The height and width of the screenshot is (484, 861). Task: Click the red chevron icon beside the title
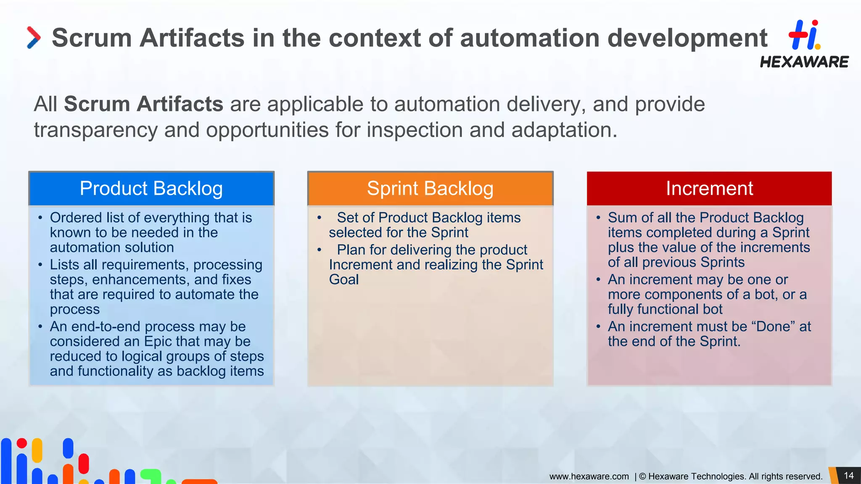pos(34,38)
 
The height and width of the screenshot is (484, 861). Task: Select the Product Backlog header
pos(151,189)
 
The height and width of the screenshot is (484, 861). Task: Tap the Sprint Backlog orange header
pos(430,189)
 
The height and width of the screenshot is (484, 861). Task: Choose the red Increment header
pos(709,189)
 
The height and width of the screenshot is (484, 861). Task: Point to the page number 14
pos(848,476)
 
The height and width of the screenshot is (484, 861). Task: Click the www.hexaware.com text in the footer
pos(589,476)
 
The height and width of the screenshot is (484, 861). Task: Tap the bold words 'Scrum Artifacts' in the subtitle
pos(143,104)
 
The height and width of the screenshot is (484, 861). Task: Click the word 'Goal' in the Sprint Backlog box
pos(344,280)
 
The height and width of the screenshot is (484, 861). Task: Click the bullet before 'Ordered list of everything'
pos(40,218)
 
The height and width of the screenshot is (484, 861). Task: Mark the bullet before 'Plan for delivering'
pos(320,250)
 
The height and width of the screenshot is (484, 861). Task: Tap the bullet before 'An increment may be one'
pos(598,280)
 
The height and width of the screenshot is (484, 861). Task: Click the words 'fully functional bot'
pos(665,309)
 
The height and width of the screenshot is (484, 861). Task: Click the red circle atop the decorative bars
pos(22,443)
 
